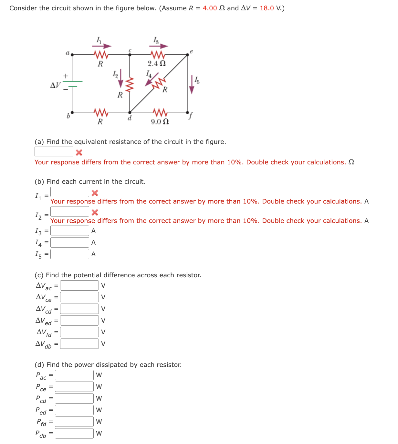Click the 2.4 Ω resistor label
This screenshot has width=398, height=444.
click(x=157, y=63)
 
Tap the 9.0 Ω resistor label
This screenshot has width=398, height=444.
click(x=160, y=122)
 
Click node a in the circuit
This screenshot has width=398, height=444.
click(x=72, y=55)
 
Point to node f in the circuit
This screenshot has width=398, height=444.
click(x=187, y=113)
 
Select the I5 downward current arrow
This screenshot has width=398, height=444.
click(x=192, y=85)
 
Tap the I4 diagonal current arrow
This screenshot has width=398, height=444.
click(x=151, y=80)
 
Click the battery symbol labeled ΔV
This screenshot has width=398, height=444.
click(x=72, y=84)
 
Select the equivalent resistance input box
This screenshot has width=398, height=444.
click(x=54, y=152)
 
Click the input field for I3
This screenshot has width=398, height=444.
click(x=70, y=231)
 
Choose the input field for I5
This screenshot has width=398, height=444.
click(x=70, y=254)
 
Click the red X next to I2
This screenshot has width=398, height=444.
click(x=95, y=212)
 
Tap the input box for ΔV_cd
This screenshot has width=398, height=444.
click(x=79, y=309)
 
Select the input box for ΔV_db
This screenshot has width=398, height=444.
click(x=79, y=344)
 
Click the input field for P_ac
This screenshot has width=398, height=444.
click(x=74, y=375)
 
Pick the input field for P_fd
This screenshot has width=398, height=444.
click(x=74, y=422)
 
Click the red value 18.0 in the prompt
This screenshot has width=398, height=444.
click(x=267, y=8)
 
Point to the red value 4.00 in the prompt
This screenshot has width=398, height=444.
click(x=210, y=8)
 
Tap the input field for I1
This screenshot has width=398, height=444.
click(x=70, y=192)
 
